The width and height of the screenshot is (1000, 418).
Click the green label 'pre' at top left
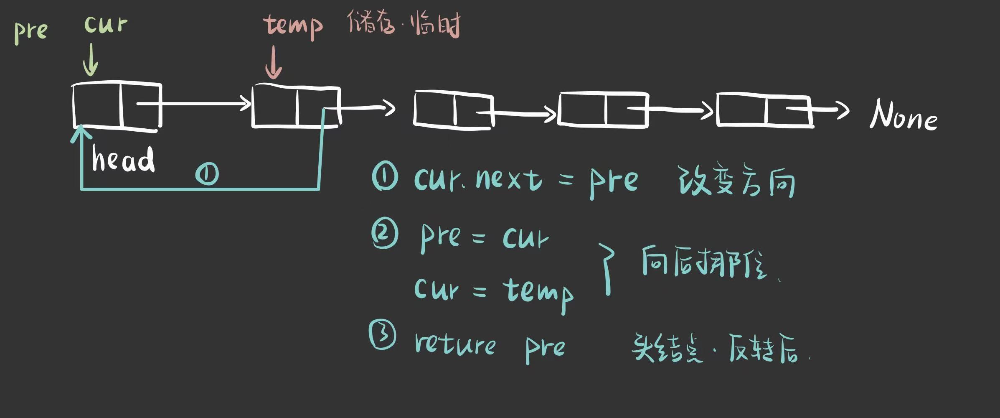pyautogui.click(x=31, y=31)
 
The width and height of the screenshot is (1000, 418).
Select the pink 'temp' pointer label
pyautogui.click(x=293, y=26)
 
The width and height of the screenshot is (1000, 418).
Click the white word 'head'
pyautogui.click(x=123, y=159)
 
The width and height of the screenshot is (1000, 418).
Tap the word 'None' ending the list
pyautogui.click(x=904, y=115)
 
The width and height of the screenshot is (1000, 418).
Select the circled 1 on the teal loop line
pyautogui.click(x=207, y=174)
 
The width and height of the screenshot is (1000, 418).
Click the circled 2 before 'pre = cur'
pyautogui.click(x=385, y=233)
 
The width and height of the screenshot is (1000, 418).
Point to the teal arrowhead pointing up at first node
pyautogui.click(x=81, y=135)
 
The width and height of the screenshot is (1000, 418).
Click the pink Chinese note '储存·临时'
pyautogui.click(x=404, y=24)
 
